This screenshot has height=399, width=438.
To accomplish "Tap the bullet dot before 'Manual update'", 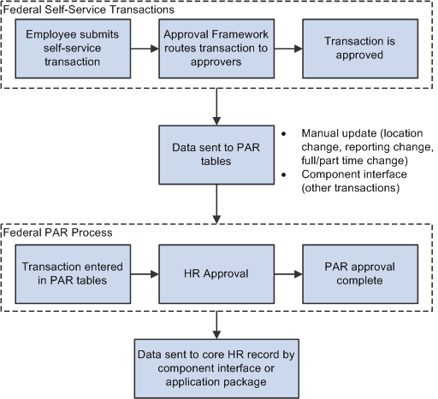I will (283, 135).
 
